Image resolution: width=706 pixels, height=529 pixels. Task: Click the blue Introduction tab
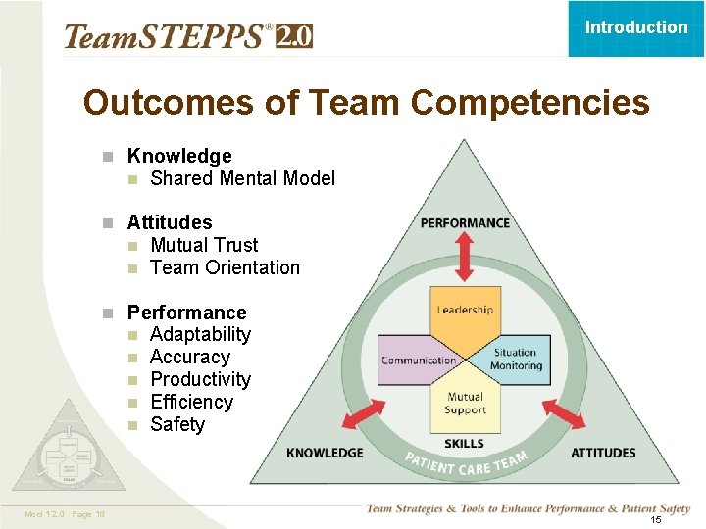(x=636, y=27)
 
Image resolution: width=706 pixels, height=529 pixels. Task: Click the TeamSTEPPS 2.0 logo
(x=187, y=37)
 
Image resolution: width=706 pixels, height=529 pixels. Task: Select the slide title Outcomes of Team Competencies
(x=366, y=102)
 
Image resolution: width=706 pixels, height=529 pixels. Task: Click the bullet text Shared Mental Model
(x=242, y=178)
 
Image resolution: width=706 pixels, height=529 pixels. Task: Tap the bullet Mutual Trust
(x=204, y=245)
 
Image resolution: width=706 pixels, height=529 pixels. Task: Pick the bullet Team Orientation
(x=225, y=267)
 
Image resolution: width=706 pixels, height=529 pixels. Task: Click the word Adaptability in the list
(x=200, y=334)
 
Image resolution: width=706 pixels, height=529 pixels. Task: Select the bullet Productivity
(x=200, y=379)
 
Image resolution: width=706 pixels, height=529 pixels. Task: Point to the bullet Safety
(x=177, y=424)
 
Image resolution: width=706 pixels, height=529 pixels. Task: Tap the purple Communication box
(x=418, y=359)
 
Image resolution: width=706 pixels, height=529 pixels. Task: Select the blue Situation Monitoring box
(x=516, y=360)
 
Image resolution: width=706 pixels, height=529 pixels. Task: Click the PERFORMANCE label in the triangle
(x=465, y=223)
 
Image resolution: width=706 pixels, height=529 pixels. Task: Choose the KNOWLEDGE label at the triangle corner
(x=325, y=453)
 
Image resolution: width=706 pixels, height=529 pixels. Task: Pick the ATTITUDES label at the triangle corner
(x=603, y=453)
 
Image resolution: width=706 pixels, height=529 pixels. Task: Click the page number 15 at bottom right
(x=656, y=520)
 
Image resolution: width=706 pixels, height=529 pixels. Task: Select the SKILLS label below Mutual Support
(x=464, y=444)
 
